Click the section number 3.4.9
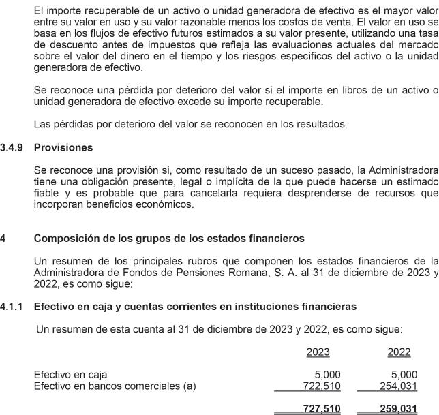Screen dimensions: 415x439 [12, 147]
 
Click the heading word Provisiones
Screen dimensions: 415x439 [63, 147]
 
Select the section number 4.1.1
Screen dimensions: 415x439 [12, 309]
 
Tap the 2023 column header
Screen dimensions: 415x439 [318, 352]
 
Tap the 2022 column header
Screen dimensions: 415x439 [399, 352]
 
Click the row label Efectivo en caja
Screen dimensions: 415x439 [71, 375]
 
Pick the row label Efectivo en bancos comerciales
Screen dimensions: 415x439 [106, 386]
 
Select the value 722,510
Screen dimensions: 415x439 [321, 386]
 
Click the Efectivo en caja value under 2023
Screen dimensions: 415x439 [327, 375]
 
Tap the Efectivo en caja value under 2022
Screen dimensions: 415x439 [404, 375]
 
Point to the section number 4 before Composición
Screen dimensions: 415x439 [3, 239]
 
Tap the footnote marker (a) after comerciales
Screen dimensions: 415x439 [189, 386]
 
